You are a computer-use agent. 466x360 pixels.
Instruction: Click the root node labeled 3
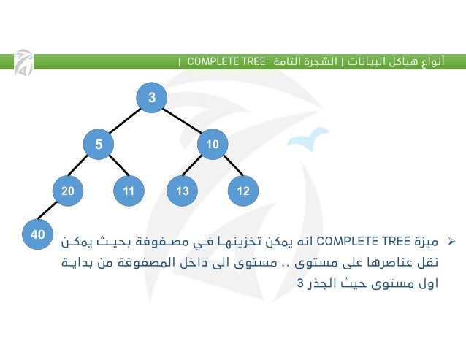coord(152,98)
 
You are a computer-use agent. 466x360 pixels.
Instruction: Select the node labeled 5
coord(99,145)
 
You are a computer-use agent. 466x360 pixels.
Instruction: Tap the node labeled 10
coord(213,145)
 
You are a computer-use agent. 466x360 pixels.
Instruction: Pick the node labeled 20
coord(68,191)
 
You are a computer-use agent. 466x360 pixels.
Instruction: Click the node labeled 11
coord(129,191)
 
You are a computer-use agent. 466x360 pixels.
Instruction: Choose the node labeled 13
coord(183,191)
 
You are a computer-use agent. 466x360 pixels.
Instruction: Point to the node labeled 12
coord(243,191)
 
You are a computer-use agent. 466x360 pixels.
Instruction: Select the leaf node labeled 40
coord(37,234)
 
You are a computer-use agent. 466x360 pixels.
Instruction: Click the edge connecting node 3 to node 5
coord(125,121)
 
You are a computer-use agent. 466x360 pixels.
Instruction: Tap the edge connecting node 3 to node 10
coord(182,121)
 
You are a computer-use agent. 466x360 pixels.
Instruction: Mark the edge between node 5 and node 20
coord(83,168)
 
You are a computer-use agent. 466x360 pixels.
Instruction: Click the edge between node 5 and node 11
coord(114,168)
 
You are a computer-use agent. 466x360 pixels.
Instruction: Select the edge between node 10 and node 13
coord(198,168)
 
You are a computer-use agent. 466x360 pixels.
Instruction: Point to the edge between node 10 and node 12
coord(228,168)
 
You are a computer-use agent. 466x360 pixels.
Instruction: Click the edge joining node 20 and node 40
coord(53,212)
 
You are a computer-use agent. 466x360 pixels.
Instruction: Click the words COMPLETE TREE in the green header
coord(226,61)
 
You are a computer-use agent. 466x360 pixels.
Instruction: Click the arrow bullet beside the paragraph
coord(451,240)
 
